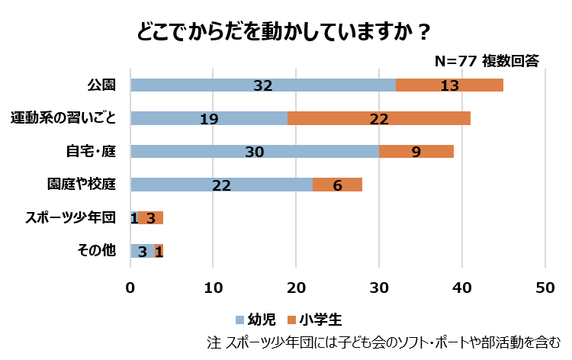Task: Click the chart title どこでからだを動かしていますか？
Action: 284,32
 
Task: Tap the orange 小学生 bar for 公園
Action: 450,85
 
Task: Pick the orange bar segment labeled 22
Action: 379,118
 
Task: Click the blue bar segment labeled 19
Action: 209,118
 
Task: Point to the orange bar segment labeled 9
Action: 416,151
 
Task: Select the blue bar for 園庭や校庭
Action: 221,185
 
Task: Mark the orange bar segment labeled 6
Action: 337,185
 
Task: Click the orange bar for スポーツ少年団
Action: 151,218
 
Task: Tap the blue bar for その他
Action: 143,251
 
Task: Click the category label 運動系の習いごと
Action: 63,118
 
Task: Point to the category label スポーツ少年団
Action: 70,218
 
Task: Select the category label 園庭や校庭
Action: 82,185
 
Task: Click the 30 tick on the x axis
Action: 379,288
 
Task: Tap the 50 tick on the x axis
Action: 545,288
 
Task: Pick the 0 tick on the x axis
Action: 131,288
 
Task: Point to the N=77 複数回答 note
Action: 487,61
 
